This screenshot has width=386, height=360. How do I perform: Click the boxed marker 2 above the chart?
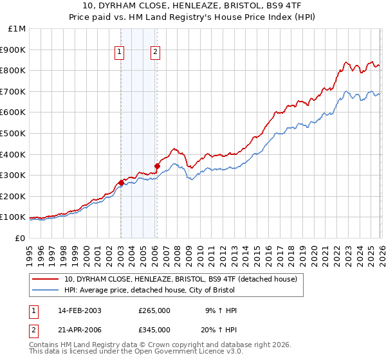pos(156,53)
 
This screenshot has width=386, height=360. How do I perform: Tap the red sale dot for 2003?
pos(121,183)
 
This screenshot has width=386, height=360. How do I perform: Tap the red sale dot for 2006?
pos(157,166)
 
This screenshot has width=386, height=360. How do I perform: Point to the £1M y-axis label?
pos(17,29)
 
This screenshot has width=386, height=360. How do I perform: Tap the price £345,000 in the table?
pos(154,330)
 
